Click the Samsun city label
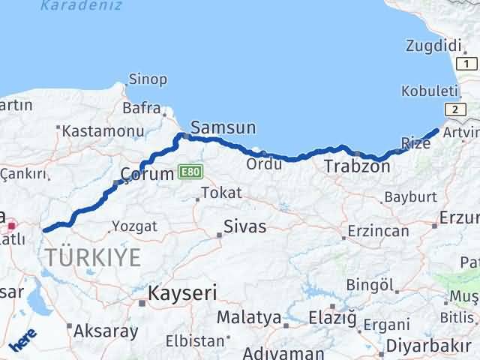click(x=223, y=127)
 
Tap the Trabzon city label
click(x=357, y=166)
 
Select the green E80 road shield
click(x=190, y=173)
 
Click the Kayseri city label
click(x=182, y=292)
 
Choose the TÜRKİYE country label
click(x=92, y=257)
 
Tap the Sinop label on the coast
click(x=148, y=79)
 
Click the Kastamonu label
click(x=103, y=130)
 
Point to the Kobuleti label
click(x=430, y=90)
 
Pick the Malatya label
click(x=247, y=317)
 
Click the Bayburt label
click(x=409, y=198)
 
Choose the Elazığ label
click(x=332, y=318)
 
